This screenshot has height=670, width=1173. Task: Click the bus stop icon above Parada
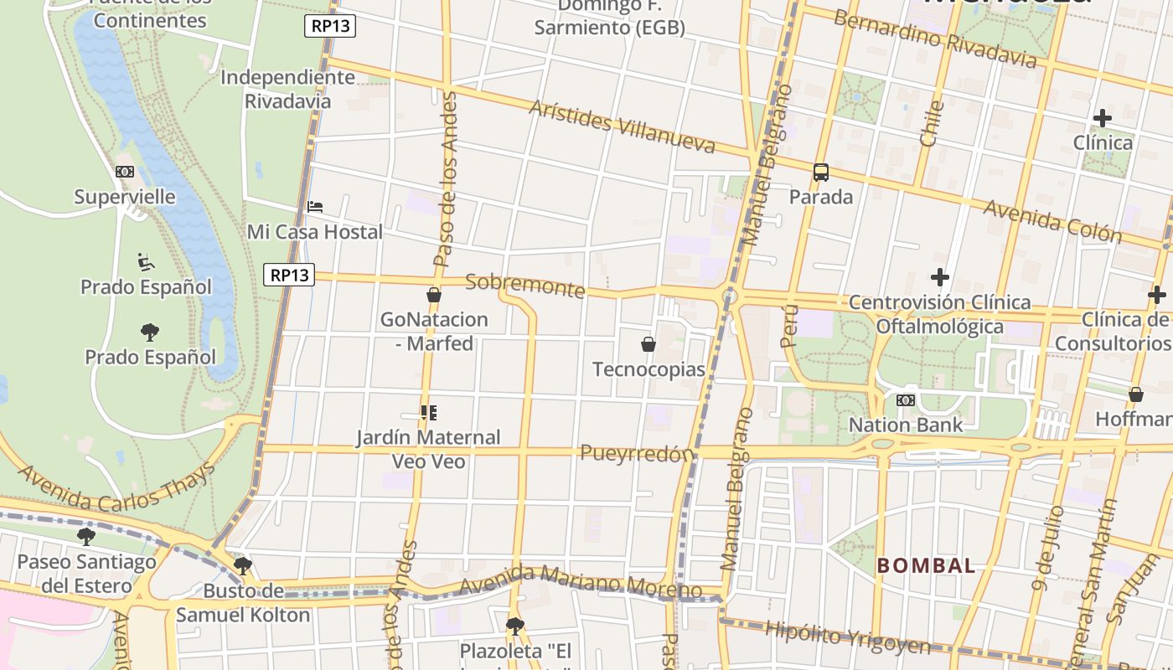coord(821,173)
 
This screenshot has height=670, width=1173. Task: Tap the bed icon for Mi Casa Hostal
coord(315,207)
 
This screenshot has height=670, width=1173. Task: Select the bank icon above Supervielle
coord(125,172)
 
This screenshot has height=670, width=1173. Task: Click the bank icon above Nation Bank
coord(905,400)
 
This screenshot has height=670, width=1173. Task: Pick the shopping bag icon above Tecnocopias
coord(648,344)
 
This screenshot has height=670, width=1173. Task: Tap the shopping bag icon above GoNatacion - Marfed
coord(434,295)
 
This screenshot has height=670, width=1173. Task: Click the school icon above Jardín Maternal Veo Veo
coord(429,412)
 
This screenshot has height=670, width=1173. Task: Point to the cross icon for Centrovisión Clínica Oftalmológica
coord(940,277)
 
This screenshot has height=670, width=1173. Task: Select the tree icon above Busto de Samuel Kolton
coord(243,566)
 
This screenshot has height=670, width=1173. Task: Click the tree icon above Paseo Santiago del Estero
coord(86,536)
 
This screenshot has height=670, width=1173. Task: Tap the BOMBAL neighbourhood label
coord(926,565)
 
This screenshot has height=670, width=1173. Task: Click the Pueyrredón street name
coord(638,453)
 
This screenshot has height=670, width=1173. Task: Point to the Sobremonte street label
coord(525,285)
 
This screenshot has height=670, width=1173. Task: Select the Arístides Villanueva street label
coord(623,126)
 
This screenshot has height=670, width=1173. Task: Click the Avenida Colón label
coord(1052,220)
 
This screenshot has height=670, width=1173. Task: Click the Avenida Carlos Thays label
coord(116,487)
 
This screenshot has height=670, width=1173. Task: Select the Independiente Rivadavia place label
coord(287,89)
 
